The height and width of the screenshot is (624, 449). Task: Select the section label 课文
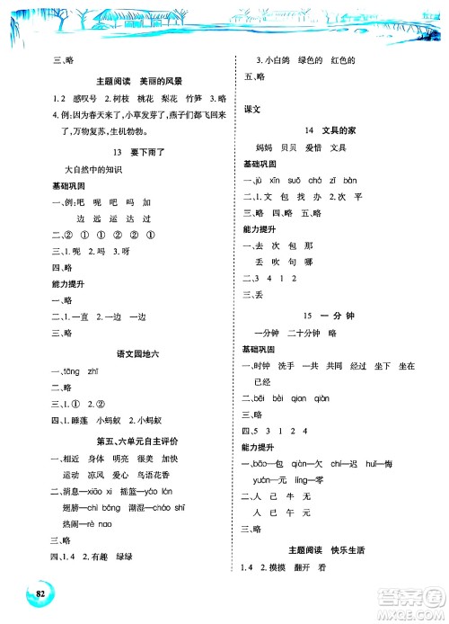pyautogui.click(x=252, y=109)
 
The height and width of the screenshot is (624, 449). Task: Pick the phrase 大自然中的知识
pyautogui.click(x=95, y=168)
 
